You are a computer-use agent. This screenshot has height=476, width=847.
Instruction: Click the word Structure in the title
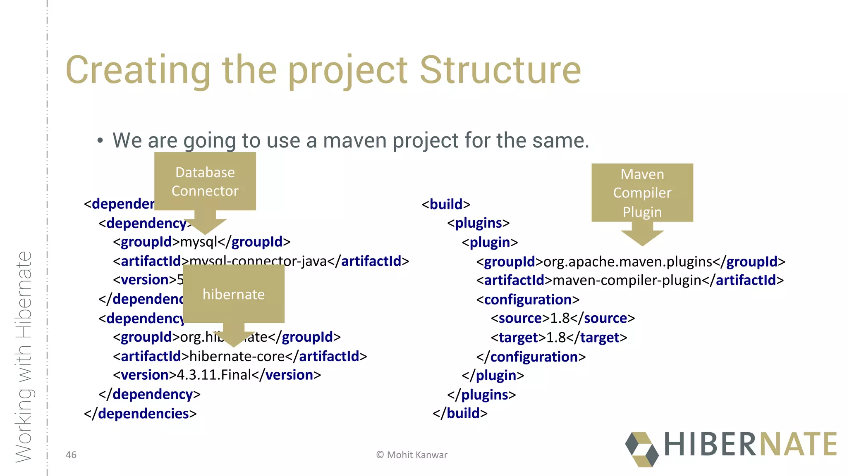(x=500, y=70)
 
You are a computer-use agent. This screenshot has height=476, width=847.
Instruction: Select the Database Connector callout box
(x=205, y=181)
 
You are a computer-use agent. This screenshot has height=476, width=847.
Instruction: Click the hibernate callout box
(x=233, y=294)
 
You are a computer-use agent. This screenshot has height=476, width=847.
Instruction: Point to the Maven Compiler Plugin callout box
(x=642, y=193)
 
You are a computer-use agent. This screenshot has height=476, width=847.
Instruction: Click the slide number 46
(x=71, y=455)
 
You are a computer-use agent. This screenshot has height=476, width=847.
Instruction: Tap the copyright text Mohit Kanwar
(x=412, y=455)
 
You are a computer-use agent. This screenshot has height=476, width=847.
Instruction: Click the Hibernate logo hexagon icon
(x=641, y=450)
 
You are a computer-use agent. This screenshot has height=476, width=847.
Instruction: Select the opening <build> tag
(x=446, y=204)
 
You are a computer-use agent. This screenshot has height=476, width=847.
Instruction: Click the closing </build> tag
(x=460, y=413)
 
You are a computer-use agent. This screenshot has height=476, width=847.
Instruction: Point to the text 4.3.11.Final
(x=214, y=375)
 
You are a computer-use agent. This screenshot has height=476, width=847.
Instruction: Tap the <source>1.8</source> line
(x=562, y=319)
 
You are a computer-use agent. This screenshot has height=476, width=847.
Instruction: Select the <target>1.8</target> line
(x=559, y=338)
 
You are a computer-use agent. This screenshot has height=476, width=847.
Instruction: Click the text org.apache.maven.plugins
(x=627, y=262)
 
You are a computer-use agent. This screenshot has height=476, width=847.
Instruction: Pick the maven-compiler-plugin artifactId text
(x=627, y=281)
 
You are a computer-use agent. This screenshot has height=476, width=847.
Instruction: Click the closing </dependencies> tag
(x=140, y=414)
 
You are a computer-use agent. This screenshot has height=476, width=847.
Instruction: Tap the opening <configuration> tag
(x=528, y=300)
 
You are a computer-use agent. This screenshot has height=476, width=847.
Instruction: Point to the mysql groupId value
(x=199, y=242)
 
